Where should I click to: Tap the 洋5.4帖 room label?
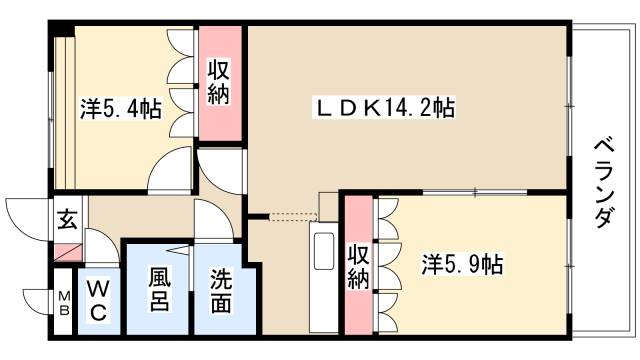coord(121,108)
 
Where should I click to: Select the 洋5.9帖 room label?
coord(462,265)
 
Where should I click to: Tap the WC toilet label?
coord(97,299)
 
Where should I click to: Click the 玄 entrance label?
coord(66,217)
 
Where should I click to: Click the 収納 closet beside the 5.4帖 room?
coord(219,83)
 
